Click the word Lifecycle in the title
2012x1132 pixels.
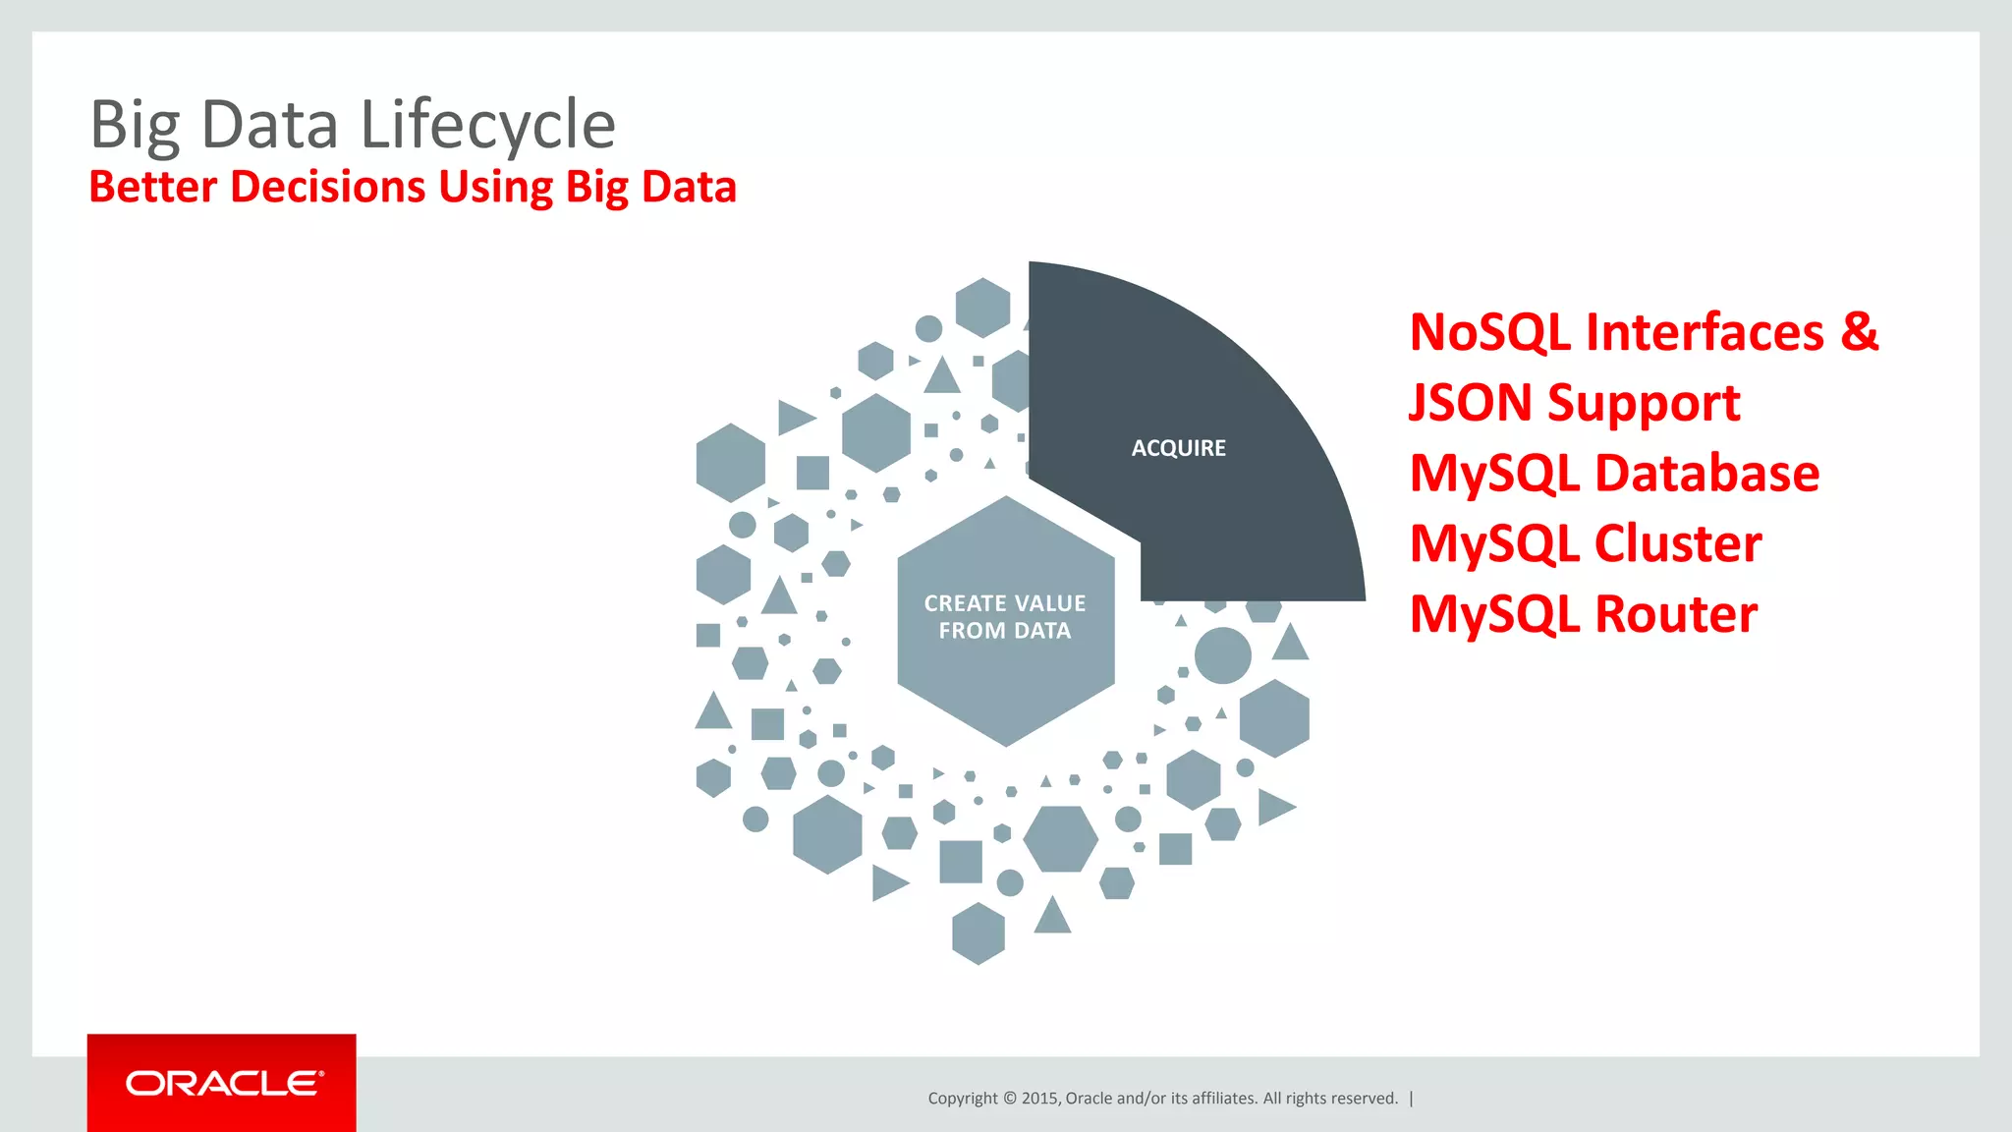(x=487, y=126)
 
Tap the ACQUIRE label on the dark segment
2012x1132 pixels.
(x=1178, y=448)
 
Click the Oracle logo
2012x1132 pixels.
(x=222, y=1083)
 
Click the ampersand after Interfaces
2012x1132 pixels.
(x=1859, y=331)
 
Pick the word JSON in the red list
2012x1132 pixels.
(x=1470, y=403)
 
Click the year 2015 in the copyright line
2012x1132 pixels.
(x=1039, y=1099)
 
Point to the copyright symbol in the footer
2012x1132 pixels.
(x=1010, y=1099)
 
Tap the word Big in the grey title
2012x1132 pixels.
(x=135, y=126)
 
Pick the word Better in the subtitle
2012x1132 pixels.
(x=152, y=187)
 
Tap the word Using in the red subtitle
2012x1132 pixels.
(x=496, y=187)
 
